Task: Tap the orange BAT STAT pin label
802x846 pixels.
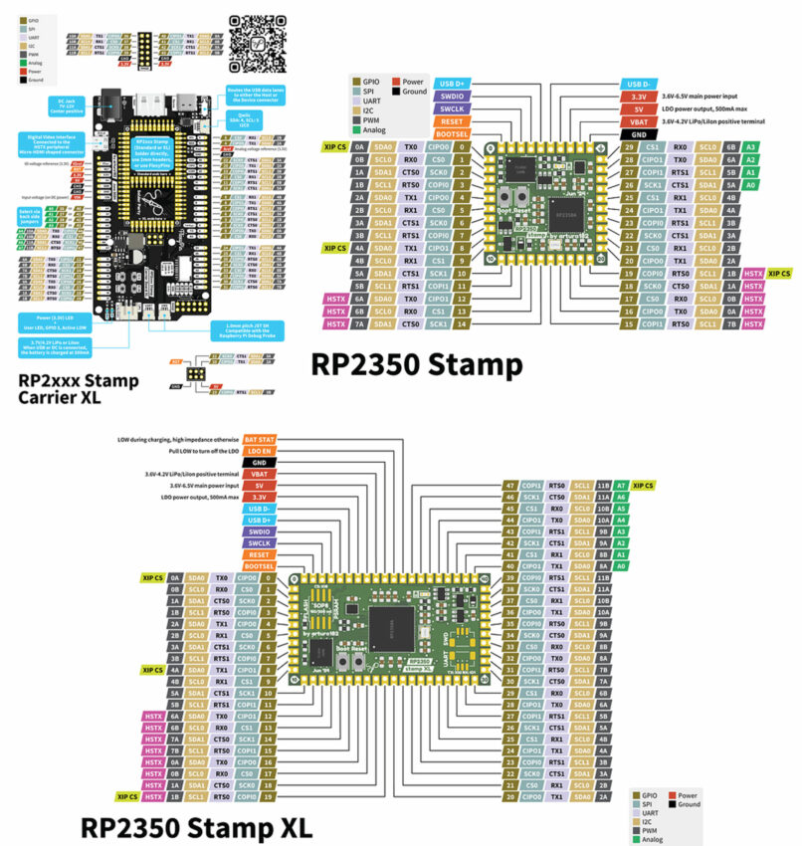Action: pyautogui.click(x=258, y=439)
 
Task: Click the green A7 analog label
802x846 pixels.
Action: pyautogui.click(x=620, y=485)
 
